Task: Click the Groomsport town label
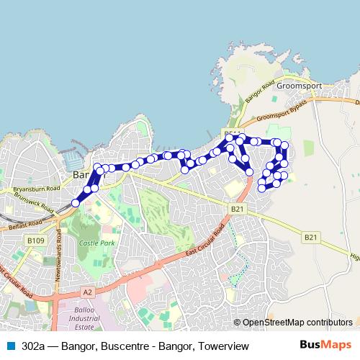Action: click(x=299, y=85)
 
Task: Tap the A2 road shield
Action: click(x=87, y=292)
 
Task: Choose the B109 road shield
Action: click(x=35, y=240)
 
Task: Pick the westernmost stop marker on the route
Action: click(x=76, y=204)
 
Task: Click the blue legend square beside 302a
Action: click(x=9, y=346)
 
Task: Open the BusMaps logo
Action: click(x=325, y=346)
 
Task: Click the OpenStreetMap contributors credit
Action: click(x=297, y=323)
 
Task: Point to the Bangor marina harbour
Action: click(x=74, y=159)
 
